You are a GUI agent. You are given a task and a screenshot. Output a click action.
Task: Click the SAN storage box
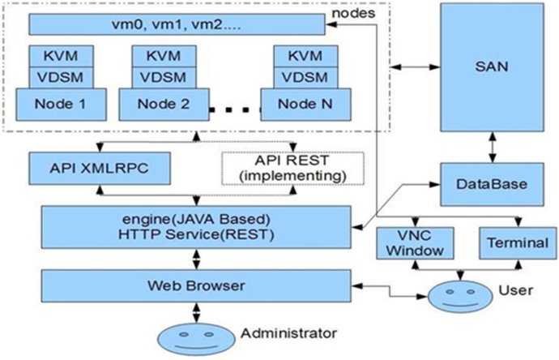[x=492, y=67]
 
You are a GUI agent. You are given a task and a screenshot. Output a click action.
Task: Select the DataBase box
[x=493, y=185]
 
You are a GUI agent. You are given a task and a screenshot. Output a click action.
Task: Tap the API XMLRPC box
[x=100, y=169]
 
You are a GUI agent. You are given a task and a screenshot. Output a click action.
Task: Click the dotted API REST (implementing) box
[x=292, y=169]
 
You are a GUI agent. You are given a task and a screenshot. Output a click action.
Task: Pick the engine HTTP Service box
[x=196, y=227]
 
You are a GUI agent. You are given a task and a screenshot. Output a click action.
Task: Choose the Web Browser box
[x=196, y=285]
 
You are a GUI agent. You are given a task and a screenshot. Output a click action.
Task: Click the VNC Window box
[x=416, y=243]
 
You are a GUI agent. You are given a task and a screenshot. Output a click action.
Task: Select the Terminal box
[x=518, y=243]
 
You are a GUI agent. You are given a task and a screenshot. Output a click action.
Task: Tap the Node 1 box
[x=61, y=105]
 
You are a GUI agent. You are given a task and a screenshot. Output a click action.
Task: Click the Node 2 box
[x=164, y=105]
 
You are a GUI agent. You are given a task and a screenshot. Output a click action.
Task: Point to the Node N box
[x=305, y=105]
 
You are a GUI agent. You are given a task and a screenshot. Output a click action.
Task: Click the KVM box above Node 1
[x=61, y=56]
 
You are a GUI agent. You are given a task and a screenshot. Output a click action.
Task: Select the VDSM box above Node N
[x=305, y=77]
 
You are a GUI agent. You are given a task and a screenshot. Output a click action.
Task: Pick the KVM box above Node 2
[x=164, y=56]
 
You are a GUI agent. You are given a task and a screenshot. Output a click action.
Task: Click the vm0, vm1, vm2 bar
[x=177, y=24]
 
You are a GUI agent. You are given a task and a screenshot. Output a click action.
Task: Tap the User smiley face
[x=460, y=297]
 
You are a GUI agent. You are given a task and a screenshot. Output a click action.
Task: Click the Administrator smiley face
[x=196, y=339]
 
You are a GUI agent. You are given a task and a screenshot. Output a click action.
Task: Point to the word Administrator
[x=288, y=333]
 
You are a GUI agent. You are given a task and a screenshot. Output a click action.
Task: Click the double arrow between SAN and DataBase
[x=493, y=148]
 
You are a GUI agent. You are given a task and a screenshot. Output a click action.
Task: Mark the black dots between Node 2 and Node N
[x=235, y=110]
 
